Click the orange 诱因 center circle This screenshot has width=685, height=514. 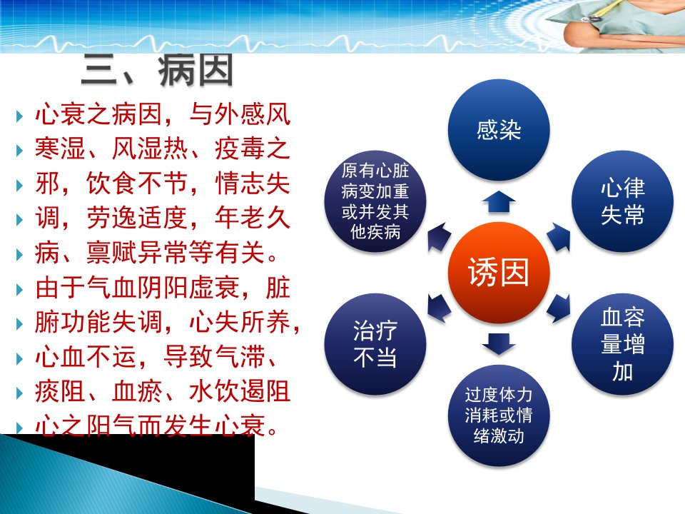coord(499,273)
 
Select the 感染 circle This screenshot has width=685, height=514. coord(499,130)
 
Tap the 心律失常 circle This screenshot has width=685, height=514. coord(622,201)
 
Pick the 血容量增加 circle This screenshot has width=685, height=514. coord(622,344)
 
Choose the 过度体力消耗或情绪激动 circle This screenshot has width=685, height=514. coord(499,415)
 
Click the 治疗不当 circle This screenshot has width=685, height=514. coord(375,344)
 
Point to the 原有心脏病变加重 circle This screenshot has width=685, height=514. coord(375,201)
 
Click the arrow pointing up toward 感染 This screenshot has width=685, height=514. coord(499,201)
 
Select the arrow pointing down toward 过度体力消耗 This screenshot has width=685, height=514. coord(499,344)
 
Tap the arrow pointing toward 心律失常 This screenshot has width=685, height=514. coord(559,237)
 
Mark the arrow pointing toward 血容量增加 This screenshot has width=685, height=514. coord(559,308)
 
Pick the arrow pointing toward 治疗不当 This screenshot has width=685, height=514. coord(439,308)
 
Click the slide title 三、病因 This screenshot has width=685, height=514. coord(157,70)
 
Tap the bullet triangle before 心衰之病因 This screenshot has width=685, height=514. coord(19,116)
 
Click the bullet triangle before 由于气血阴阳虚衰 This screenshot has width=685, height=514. coord(19,289)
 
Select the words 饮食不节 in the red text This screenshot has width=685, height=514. coord(137,183)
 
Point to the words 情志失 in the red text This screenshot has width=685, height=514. coord(252,183)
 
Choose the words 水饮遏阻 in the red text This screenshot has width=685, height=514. coord(240,390)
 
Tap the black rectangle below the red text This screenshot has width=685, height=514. coord(127,474)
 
